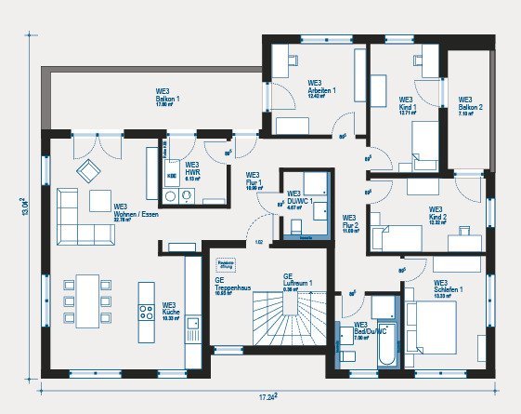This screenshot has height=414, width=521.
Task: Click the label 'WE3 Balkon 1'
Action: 167,98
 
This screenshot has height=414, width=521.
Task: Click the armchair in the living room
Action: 88,170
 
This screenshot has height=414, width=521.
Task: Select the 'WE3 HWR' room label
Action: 192,169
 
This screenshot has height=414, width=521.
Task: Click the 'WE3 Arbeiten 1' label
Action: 321,88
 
